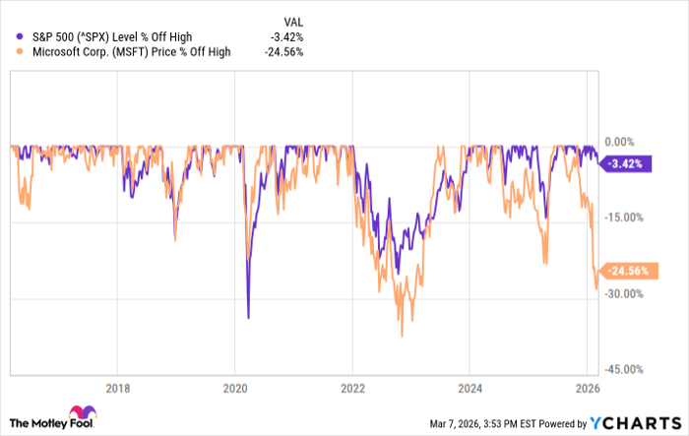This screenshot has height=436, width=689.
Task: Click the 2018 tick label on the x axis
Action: pyautogui.click(x=117, y=387)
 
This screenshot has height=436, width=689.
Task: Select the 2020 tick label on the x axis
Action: pyautogui.click(x=234, y=387)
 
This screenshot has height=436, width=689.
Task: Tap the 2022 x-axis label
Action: pyautogui.click(x=352, y=387)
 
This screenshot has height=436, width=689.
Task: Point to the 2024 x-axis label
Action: pyautogui.click(x=470, y=387)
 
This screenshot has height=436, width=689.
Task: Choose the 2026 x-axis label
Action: pyautogui.click(x=587, y=387)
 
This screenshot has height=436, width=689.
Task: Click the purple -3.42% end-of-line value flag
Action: pyautogui.click(x=627, y=164)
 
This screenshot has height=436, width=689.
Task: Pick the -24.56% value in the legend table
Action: pyautogui.click(x=283, y=53)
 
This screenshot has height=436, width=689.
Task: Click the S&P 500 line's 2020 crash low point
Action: pyautogui.click(x=247, y=318)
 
